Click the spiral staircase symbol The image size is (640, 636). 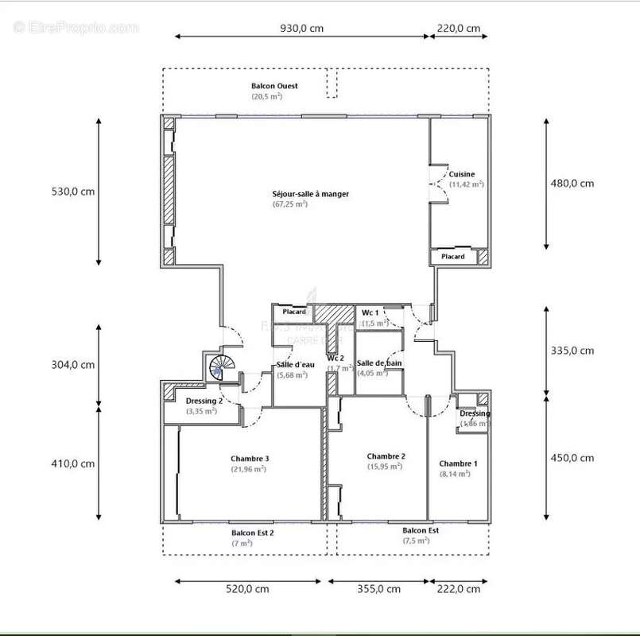coord(220,367)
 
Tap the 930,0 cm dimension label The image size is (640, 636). coord(301,29)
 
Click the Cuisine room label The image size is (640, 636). coord(462,174)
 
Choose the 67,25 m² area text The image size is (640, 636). coord(289,204)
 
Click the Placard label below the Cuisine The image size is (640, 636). coord(453,257)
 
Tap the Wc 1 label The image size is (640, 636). coord(371,312)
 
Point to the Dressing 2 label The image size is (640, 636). coord(204,401)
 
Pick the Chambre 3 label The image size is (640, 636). coord(250,458)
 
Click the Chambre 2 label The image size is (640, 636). coord(386,456)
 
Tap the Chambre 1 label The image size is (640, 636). coord(459,463)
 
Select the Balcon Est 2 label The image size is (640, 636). coord(253,533)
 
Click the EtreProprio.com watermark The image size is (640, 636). coord(76,27)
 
